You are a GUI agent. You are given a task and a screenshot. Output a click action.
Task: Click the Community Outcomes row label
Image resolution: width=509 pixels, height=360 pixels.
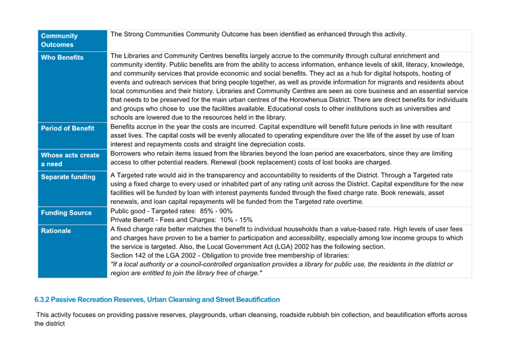pyautogui.click(x=59, y=40)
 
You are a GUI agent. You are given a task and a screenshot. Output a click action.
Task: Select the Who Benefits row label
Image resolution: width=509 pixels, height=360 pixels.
pyautogui.click(x=62, y=58)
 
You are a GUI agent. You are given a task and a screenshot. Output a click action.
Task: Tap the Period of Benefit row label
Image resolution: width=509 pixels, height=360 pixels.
pyautogui.click(x=68, y=128)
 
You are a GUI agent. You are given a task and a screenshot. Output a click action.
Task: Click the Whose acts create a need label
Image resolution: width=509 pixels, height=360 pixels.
pyautogui.click(x=70, y=160)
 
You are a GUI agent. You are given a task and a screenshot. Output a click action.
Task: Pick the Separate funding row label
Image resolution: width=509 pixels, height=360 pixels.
pyautogui.click(x=68, y=177)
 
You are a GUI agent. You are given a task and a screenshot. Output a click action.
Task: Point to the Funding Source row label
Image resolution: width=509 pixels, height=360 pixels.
pyautogui.click(x=66, y=213)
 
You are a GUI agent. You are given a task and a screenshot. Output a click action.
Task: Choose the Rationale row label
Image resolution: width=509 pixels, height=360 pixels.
pyautogui.click(x=56, y=231)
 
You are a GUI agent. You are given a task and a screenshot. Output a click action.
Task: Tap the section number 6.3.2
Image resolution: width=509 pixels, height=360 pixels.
pyautogui.click(x=42, y=299)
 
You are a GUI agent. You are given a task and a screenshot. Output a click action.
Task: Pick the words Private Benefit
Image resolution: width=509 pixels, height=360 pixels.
pyautogui.click(x=132, y=220)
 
